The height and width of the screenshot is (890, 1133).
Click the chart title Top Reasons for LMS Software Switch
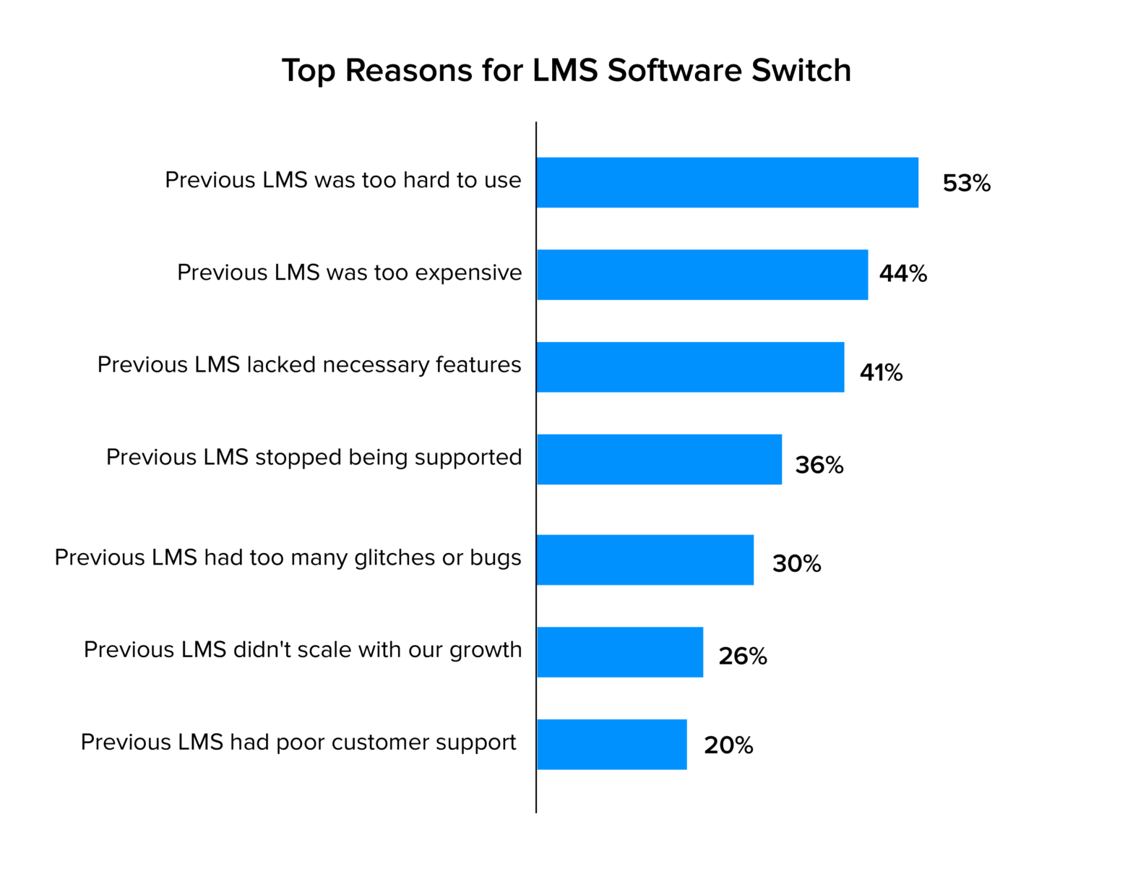(566, 71)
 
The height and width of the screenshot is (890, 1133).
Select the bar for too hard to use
(727, 182)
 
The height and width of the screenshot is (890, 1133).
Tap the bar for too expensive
(702, 275)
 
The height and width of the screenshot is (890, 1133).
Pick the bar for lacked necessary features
(690, 367)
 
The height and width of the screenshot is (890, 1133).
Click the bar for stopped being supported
(659, 459)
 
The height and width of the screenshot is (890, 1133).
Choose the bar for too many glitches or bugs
(645, 560)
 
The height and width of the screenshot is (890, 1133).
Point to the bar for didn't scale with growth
(619, 652)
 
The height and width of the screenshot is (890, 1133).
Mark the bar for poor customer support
(611, 744)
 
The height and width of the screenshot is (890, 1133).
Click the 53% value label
(966, 184)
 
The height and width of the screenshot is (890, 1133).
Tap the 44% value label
(902, 274)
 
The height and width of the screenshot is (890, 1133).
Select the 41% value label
(881, 373)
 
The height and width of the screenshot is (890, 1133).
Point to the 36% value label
(819, 465)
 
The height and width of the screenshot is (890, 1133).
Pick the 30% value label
(796, 564)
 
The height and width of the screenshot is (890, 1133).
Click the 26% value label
(742, 656)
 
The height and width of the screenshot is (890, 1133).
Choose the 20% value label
(728, 745)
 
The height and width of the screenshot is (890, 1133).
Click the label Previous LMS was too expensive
(349, 273)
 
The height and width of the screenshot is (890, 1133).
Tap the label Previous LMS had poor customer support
(298, 743)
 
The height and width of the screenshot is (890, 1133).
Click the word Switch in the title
(801, 71)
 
